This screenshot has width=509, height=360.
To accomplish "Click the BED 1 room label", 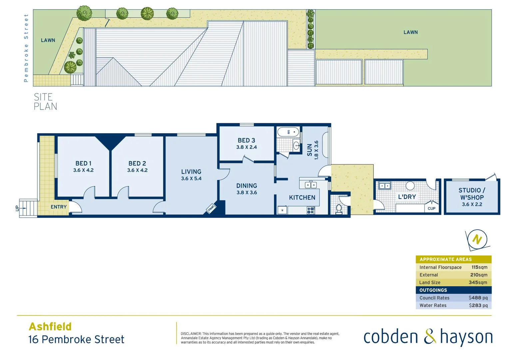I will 83,163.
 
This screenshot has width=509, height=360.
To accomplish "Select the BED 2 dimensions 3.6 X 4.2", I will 137,170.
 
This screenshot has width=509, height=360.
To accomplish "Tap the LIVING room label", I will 191,172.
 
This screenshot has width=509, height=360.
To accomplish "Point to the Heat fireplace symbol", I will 211,208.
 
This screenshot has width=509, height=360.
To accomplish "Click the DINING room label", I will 247,186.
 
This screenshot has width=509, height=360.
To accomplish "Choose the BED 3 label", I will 246,140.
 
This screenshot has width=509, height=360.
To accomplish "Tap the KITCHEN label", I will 302,198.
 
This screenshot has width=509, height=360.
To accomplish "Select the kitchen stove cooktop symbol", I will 310,210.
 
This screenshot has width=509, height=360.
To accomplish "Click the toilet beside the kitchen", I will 339,208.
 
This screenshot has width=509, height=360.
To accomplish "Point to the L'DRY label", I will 407,197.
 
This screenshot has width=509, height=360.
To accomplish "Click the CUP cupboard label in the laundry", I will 431,208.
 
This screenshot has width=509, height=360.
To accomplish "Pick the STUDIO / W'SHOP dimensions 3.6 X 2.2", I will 472,204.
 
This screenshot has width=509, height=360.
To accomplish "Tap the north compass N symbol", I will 477,239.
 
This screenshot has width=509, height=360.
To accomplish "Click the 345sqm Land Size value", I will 478,282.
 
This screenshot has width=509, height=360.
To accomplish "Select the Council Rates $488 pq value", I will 478,298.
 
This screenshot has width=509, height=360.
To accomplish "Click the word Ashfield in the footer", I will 50,326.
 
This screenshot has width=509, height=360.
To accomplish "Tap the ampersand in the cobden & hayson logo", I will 430,337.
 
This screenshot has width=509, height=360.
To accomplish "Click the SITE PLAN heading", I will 45,102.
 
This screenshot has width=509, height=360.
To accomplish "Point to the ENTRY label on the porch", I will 59,207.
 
